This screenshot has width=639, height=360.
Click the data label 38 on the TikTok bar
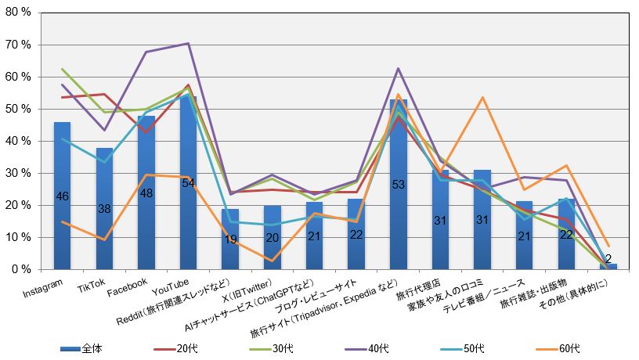click(104, 209)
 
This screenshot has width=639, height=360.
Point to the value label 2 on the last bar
click(608, 259)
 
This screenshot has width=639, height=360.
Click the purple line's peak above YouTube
click(188, 43)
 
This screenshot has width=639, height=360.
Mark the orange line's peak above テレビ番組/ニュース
click(482, 97)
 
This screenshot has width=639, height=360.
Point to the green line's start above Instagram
click(62, 69)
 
